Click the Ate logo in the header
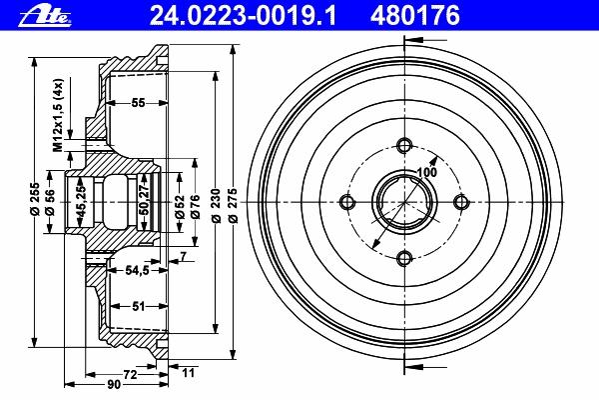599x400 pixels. (x=45, y=17)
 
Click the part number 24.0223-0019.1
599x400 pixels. (x=243, y=16)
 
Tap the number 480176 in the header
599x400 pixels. (x=415, y=16)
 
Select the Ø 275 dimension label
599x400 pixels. (x=234, y=206)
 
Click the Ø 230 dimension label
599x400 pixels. (x=217, y=206)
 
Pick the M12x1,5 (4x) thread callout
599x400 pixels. (x=57, y=116)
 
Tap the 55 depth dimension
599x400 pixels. (x=139, y=103)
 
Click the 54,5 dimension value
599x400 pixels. (x=137, y=270)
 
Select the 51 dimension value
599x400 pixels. (x=139, y=306)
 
